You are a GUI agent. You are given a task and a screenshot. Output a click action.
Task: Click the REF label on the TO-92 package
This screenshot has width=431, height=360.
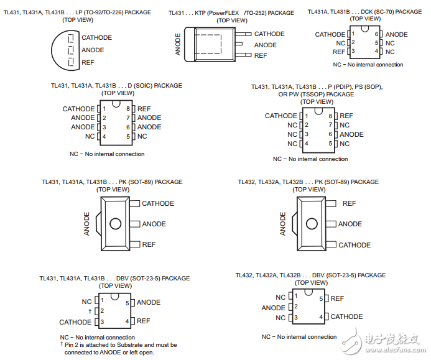tap(88, 63)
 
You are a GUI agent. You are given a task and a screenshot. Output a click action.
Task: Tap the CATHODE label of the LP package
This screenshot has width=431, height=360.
tap(97, 38)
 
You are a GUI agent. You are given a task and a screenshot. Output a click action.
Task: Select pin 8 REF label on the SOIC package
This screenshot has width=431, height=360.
tap(144, 109)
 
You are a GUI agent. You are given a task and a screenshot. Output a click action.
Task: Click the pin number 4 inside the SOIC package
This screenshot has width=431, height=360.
tap(104, 137)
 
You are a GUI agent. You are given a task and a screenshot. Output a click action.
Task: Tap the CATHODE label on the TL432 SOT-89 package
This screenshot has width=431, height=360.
tap(355, 245)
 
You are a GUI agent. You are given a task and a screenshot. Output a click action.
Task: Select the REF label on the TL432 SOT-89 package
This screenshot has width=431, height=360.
tap(349, 203)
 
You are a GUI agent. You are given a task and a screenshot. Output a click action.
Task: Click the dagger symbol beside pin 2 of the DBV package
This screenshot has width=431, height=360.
tap(90, 311)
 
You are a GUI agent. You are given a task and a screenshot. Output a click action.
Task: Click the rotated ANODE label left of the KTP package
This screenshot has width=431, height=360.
tap(178, 44)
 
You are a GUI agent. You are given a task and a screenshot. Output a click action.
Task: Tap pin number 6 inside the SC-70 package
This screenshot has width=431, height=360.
tap(376, 34)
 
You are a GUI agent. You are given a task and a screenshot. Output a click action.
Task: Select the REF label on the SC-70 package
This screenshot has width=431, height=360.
tap(338, 52)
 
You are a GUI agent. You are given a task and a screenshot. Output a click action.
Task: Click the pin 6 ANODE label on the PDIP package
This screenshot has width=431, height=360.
tap(351, 134)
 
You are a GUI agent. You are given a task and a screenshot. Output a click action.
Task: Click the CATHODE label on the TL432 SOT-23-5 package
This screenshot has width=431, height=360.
tap(346, 316)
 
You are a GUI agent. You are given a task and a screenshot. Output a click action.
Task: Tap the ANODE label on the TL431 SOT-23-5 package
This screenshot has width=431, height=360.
tap(149, 302)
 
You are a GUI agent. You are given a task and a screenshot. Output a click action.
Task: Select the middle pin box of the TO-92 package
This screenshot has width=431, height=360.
tap(71, 50)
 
